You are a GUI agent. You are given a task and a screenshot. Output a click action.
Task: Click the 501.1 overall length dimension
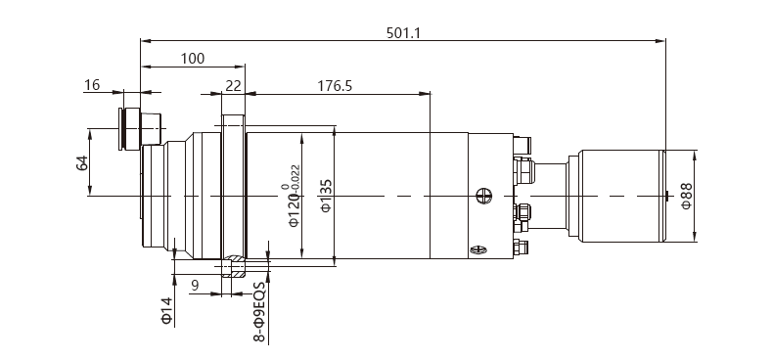[x=403, y=33]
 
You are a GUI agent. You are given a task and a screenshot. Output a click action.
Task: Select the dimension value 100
[x=193, y=59]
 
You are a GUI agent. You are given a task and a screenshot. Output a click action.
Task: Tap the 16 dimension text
[x=92, y=85]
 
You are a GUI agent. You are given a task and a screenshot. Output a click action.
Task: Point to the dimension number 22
[x=234, y=86]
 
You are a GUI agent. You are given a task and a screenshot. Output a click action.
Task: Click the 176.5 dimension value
[x=335, y=86]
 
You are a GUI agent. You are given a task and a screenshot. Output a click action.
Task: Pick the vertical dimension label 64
[x=82, y=163]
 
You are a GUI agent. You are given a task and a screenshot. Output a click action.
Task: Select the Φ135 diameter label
[x=326, y=196]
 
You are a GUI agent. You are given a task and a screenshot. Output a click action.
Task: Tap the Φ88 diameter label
[x=686, y=196]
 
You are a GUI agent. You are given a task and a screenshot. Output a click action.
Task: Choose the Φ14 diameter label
[x=167, y=311]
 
